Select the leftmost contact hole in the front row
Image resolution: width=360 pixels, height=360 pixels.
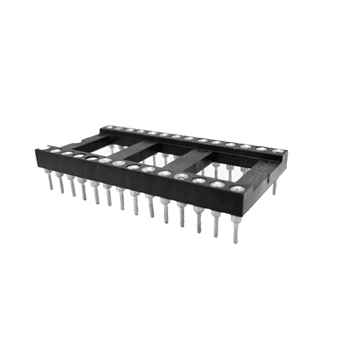coord(55,151)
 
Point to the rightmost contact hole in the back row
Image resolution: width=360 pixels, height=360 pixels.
coord(278,151)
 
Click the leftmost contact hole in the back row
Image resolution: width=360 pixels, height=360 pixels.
coord(108,128)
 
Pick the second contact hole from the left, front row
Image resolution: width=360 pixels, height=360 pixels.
coord(67,153)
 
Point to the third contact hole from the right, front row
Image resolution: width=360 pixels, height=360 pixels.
coord(199,180)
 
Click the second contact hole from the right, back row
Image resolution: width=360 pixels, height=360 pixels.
coord(261,148)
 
